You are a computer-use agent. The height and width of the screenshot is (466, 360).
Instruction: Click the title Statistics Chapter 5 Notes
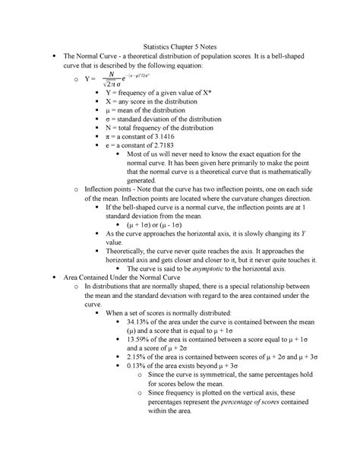179,44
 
